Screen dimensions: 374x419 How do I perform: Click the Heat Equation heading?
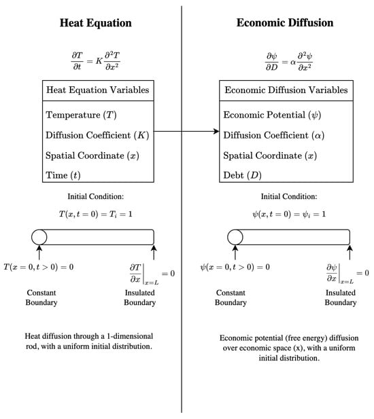pyautogui.click(x=95, y=23)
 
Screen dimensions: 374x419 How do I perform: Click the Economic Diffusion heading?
pyautogui.click(x=285, y=23)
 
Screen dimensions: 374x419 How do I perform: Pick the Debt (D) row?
pyautogui.click(x=241, y=175)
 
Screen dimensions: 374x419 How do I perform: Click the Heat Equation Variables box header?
pyautogui.click(x=97, y=90)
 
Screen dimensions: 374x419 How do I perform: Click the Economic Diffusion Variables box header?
pyautogui.click(x=286, y=90)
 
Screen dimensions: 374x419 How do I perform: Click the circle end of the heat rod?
pyautogui.click(x=39, y=237)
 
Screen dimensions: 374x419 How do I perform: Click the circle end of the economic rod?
pyautogui.click(x=235, y=237)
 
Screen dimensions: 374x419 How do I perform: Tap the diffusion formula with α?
pyautogui.click(x=285, y=62)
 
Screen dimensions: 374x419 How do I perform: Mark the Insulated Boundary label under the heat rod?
pyautogui.click(x=139, y=297)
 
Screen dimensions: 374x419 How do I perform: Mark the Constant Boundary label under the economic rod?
pyautogui.click(x=231, y=297)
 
